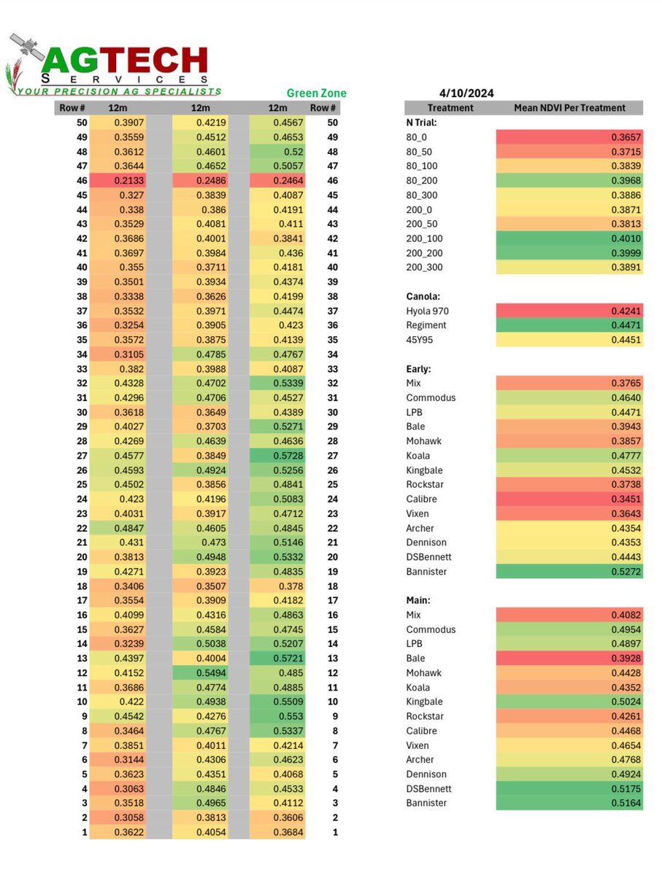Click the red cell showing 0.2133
118,181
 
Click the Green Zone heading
316,93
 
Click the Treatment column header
450,108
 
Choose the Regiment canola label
426,325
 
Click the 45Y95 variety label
420,340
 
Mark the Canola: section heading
423,297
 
